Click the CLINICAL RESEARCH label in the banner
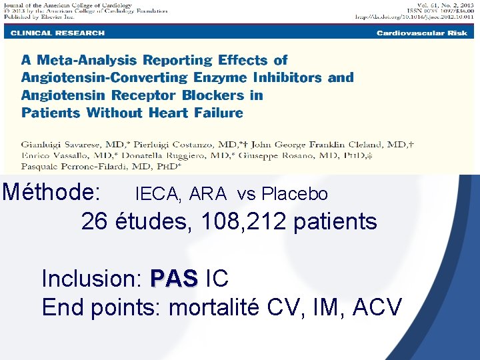(57, 33)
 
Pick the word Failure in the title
(215, 113)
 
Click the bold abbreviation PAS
(174, 278)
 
